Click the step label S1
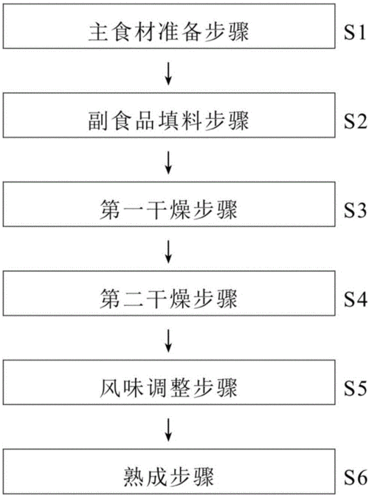click(x=351, y=33)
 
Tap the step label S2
click(x=351, y=118)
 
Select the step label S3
click(x=351, y=209)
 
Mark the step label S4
click(x=351, y=299)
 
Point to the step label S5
click(x=351, y=387)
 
